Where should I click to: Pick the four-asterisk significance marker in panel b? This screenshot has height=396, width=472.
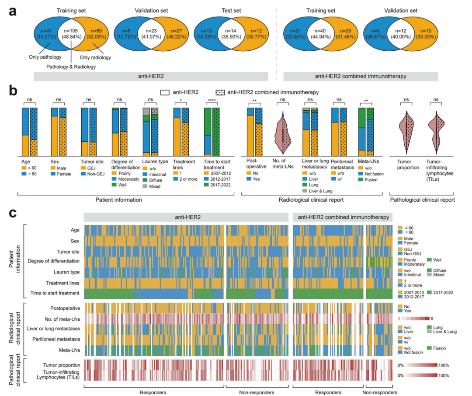tap(212, 100)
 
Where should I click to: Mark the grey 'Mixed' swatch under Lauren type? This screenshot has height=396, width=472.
tap(146, 186)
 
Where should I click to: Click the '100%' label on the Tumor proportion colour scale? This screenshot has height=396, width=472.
tap(444, 365)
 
